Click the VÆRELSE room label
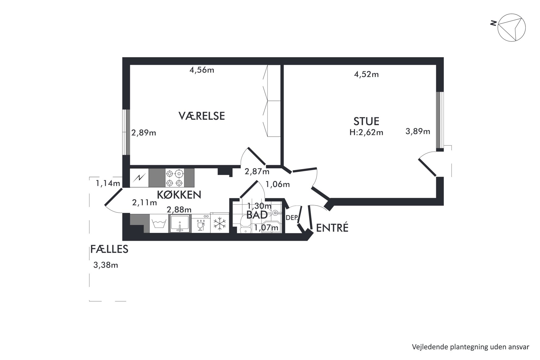click(202, 116)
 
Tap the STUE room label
click(366, 121)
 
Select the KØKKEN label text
click(179, 195)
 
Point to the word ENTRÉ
click(332, 228)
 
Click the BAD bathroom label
click(257, 215)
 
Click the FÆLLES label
click(109, 249)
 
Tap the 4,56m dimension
click(202, 70)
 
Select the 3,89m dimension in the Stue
click(418, 132)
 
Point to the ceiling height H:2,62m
click(366, 133)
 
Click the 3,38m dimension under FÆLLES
click(106, 265)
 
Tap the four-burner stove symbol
click(174, 178)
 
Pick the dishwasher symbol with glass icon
click(201, 223)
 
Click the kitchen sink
click(180, 223)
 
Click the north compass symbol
click(511, 27)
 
